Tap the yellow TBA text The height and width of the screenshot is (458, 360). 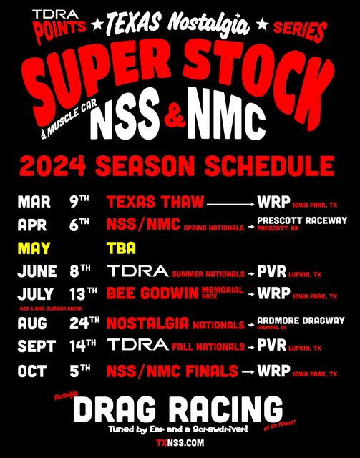(x=121, y=248)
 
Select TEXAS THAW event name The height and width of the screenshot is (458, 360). (x=155, y=202)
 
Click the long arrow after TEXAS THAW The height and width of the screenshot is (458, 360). (x=230, y=203)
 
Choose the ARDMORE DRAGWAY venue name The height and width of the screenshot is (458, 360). (x=301, y=320)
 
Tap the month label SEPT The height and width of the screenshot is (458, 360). (x=37, y=346)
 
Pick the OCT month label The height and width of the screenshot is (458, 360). (x=32, y=371)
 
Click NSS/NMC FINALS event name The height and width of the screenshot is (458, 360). (x=172, y=371)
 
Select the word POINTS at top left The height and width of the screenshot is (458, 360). (x=60, y=30)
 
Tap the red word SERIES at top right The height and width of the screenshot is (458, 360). (x=300, y=31)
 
